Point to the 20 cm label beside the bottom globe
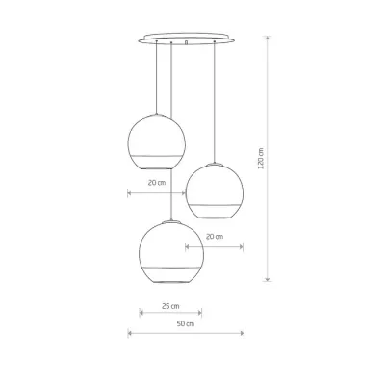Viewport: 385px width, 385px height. [214, 236]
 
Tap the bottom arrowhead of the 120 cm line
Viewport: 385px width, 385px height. [268, 282]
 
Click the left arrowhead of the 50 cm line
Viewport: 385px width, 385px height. [130, 334]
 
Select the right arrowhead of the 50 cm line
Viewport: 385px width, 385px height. [243, 334]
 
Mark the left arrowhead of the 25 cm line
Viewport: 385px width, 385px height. [141, 312]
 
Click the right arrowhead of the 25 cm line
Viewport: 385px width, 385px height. [200, 312]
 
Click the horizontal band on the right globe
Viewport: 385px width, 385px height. [214, 204]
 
